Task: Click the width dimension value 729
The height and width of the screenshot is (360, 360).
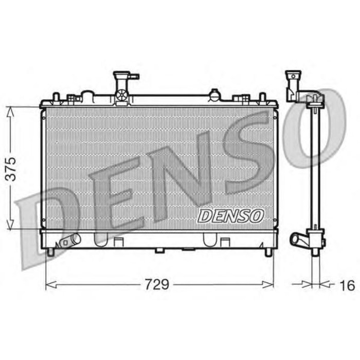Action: point(159,284)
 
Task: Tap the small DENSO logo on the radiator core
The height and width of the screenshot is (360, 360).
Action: point(230,216)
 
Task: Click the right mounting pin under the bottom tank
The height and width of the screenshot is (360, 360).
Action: point(268,252)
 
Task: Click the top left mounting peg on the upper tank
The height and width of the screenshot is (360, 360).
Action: point(56,96)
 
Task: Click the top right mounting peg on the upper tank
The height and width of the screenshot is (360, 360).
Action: point(262,96)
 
